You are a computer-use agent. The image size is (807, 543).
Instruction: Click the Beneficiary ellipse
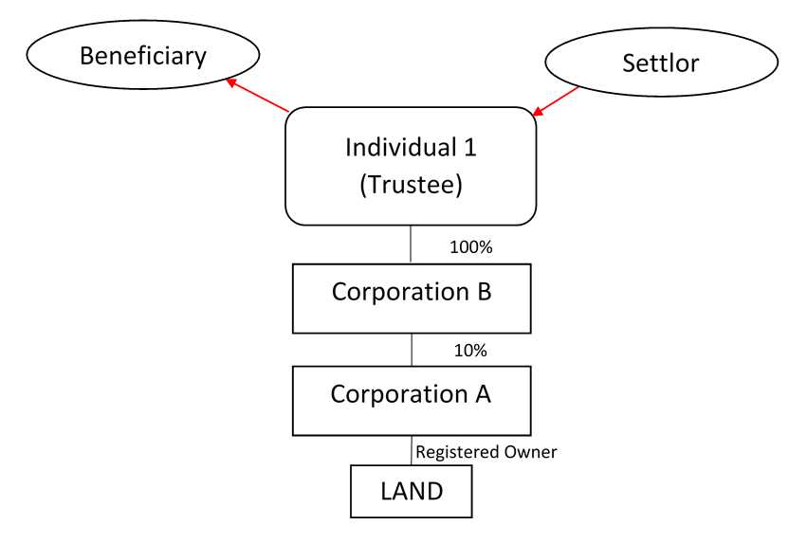click(142, 56)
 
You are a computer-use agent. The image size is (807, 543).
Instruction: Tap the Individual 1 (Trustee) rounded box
click(411, 166)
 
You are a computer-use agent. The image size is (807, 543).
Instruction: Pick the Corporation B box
click(411, 299)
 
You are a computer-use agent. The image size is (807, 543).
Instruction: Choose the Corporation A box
click(411, 400)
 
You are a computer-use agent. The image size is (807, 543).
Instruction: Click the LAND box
click(411, 491)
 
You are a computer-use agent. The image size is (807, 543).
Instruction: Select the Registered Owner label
click(486, 452)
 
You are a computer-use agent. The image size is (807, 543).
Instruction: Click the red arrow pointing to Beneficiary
click(257, 96)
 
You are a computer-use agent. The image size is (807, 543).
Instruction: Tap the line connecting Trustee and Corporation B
click(411, 244)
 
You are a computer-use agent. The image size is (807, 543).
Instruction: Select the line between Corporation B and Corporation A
click(411, 350)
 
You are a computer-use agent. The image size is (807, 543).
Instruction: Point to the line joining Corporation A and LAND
click(411, 450)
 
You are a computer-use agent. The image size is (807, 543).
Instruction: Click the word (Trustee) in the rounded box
click(411, 185)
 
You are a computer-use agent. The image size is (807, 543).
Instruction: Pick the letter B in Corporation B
click(483, 291)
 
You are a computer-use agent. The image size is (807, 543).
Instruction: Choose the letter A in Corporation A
click(482, 393)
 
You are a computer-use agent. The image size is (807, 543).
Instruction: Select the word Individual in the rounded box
click(398, 148)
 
